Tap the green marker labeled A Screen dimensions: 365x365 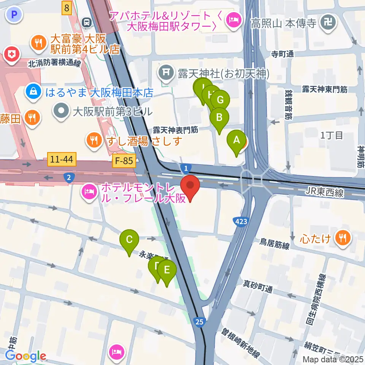tap(236, 141)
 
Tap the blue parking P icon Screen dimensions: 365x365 tap(14, 15)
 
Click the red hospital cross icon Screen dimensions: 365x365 tap(12, 54)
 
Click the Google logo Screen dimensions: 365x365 tap(25, 356)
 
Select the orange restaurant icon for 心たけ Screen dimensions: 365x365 tap(343, 238)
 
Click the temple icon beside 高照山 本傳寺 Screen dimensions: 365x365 tap(327, 24)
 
